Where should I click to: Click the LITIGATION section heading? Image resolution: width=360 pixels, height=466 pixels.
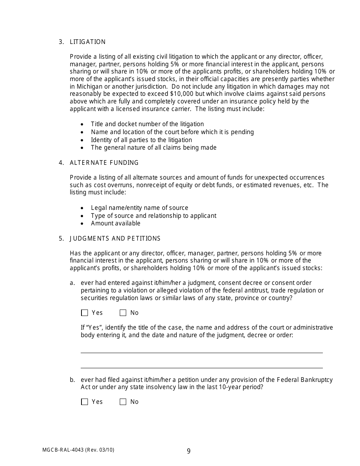pos(88,42)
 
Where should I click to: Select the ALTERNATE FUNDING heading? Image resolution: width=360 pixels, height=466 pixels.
pos(104,163)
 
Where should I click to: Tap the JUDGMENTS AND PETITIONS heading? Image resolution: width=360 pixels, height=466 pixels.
pos(115,238)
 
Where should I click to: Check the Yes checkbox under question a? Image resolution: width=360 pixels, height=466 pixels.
pos(85,313)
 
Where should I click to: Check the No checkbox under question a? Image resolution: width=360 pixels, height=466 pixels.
pos(123,313)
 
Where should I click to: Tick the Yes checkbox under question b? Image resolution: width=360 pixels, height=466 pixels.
pos(85,402)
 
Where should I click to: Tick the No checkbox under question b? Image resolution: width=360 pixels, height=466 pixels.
pos(123,402)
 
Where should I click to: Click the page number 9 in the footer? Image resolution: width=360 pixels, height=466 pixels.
pos(189,451)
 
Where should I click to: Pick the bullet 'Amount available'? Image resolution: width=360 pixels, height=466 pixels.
pos(116,224)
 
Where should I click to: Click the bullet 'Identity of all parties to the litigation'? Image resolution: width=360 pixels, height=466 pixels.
pos(141,140)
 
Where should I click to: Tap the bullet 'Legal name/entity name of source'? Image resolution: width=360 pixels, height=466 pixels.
pos(139,208)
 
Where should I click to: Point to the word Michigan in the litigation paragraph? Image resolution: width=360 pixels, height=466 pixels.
pos(89,86)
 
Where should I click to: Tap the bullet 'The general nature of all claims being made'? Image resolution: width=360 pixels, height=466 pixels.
pos(153,148)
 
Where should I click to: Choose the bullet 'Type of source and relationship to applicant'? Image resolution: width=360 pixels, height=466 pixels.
pos(153,216)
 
